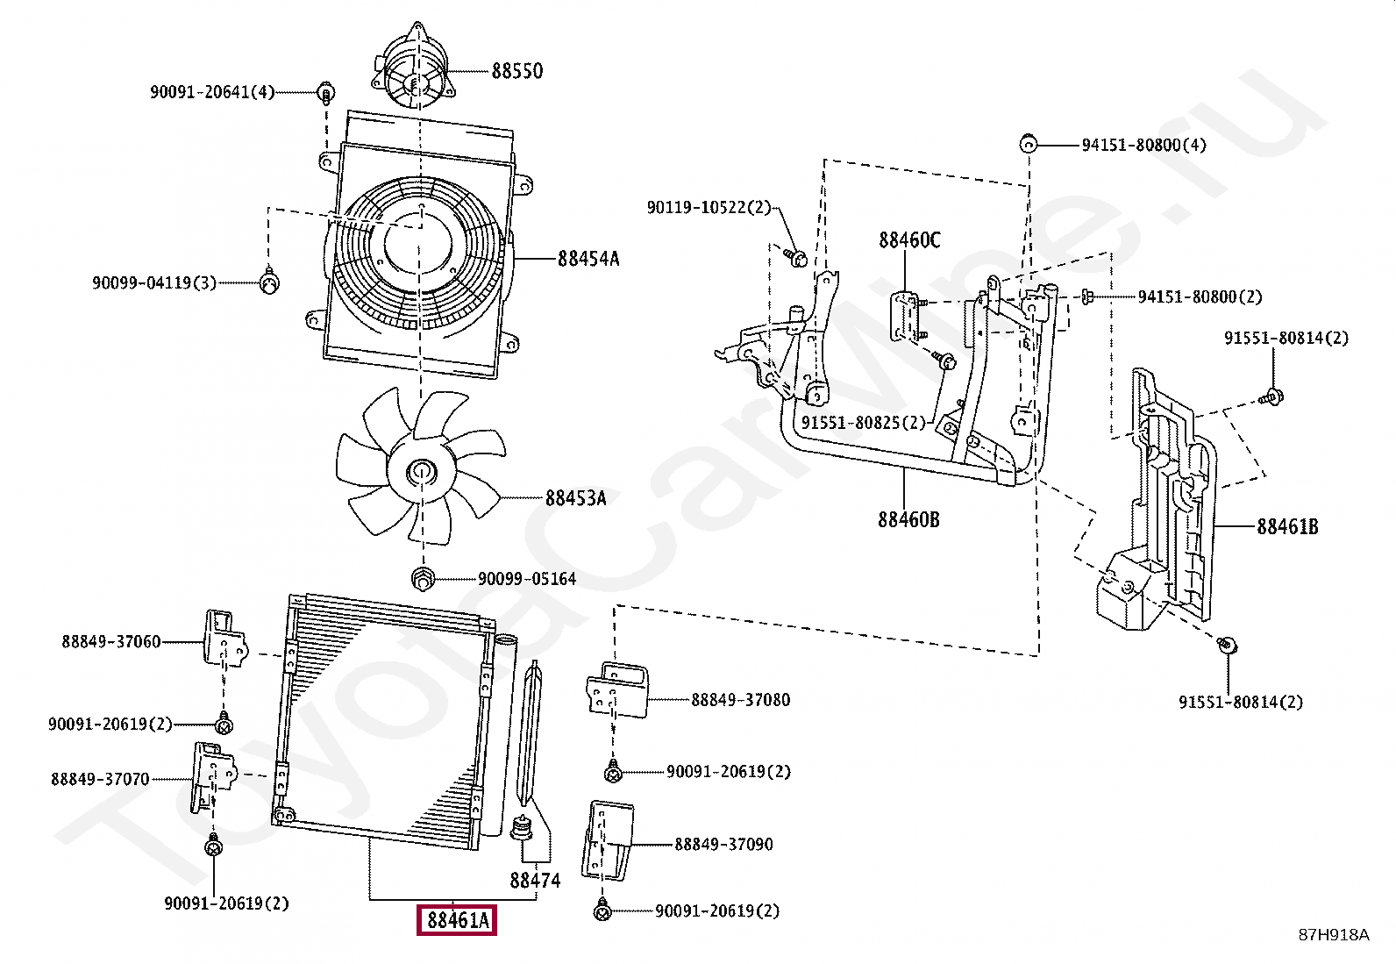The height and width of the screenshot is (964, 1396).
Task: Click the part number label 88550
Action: pyautogui.click(x=516, y=71)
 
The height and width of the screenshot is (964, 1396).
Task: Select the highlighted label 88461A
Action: pyautogui.click(x=457, y=920)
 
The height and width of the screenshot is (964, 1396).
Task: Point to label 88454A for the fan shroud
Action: pyautogui.click(x=588, y=259)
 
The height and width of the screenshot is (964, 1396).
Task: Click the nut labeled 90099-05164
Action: pyautogui.click(x=423, y=578)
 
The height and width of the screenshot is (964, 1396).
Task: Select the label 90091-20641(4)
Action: pyautogui.click(x=212, y=92)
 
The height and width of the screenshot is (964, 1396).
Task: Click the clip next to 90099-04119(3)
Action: pyautogui.click(x=270, y=282)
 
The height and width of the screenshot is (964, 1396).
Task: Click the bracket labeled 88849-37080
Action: pyautogui.click(x=617, y=691)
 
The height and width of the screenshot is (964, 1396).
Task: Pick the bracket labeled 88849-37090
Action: pyautogui.click(x=607, y=840)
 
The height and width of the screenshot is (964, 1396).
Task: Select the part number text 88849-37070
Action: pyautogui.click(x=100, y=779)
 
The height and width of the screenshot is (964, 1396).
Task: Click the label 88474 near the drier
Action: pyautogui.click(x=535, y=880)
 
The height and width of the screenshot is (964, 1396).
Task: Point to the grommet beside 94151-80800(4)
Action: pyautogui.click(x=1029, y=145)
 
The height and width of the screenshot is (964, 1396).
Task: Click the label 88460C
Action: pyautogui.click(x=909, y=240)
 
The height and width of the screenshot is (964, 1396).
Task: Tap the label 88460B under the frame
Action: pyautogui.click(x=908, y=520)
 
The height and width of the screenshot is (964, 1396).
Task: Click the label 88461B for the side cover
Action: pyautogui.click(x=1286, y=527)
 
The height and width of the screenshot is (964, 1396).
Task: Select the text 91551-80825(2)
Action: pyautogui.click(x=863, y=423)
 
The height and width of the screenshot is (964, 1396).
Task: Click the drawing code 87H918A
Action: pyautogui.click(x=1333, y=935)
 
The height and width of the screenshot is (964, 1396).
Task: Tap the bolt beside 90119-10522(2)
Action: pyautogui.click(x=797, y=258)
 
